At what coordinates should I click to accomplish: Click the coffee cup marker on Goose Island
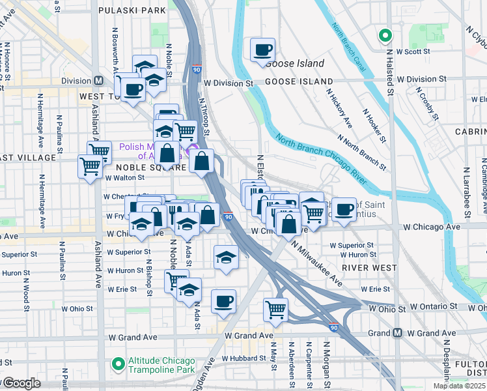(262, 50)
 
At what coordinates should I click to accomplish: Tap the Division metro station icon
(99, 81)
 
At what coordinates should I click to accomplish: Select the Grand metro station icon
(397, 333)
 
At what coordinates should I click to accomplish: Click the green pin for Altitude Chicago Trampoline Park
(118, 362)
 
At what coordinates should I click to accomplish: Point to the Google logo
(21, 383)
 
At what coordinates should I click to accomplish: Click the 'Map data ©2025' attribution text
(460, 386)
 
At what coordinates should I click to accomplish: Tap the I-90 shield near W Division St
(197, 68)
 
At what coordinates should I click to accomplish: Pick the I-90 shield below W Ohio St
(333, 328)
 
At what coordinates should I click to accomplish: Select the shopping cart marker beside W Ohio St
(275, 309)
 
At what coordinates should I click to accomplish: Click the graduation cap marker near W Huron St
(226, 256)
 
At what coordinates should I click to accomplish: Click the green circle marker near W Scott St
(385, 36)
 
